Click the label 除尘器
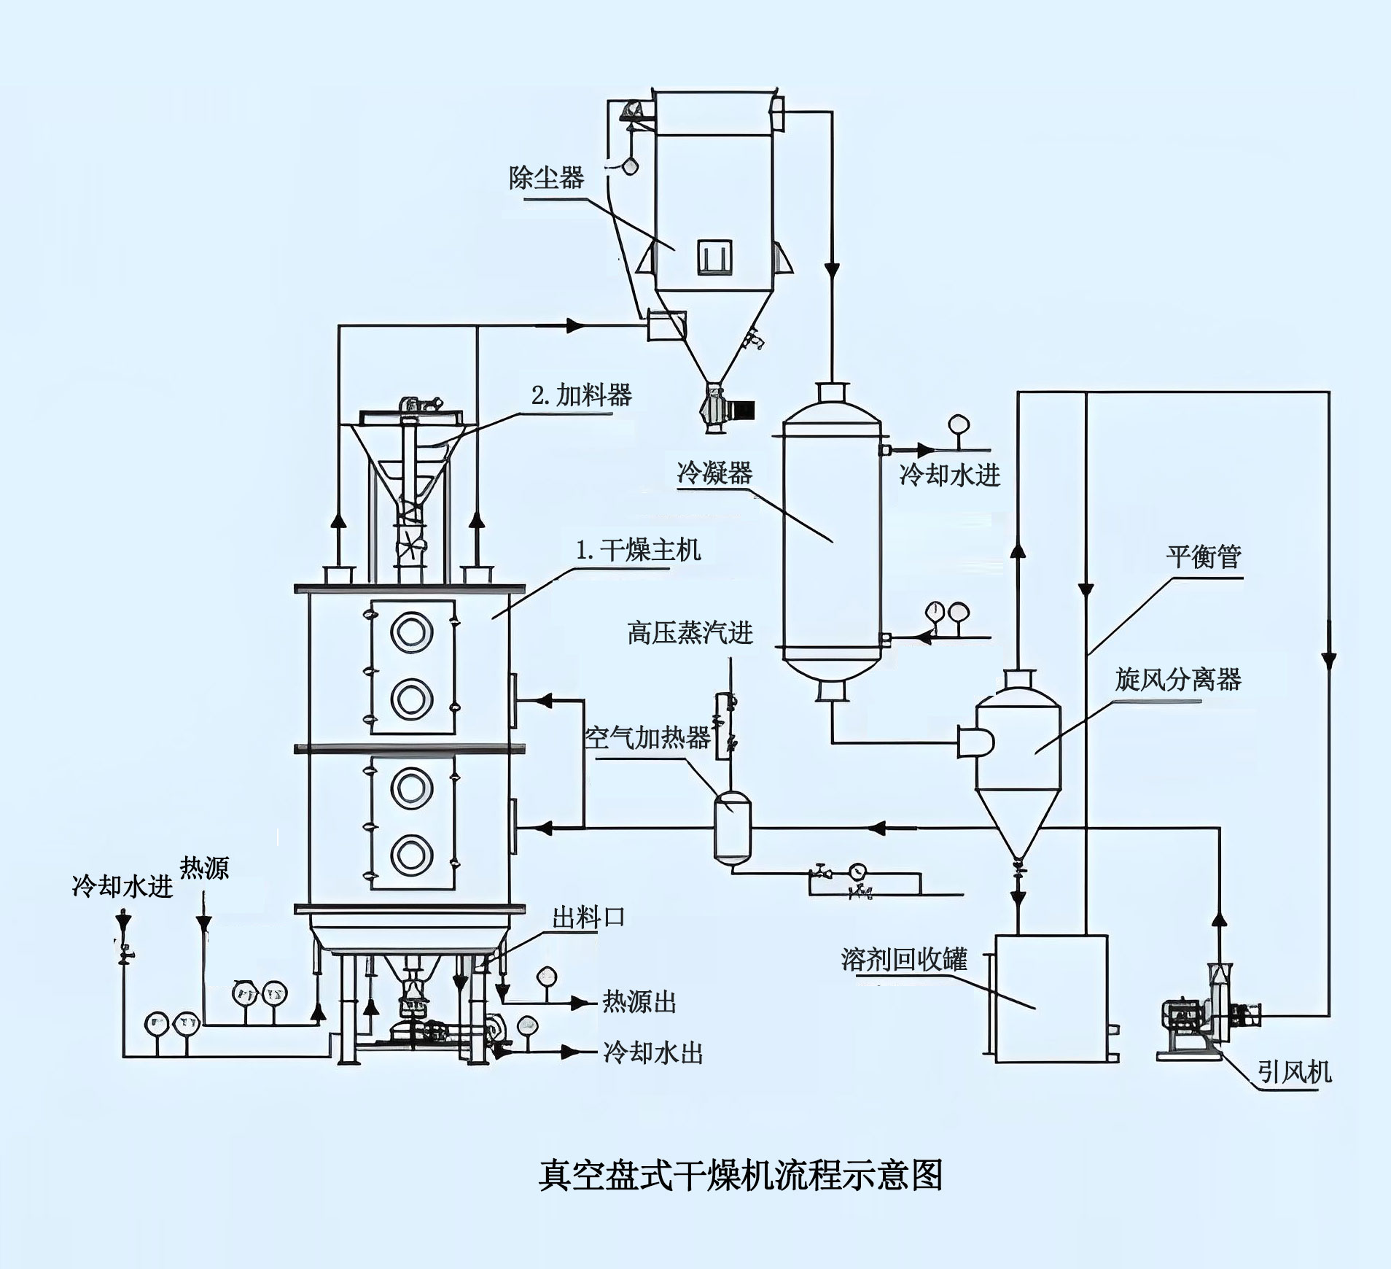tap(546, 177)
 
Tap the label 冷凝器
tap(714, 473)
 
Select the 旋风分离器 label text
tap(1177, 679)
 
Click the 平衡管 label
tap(1203, 556)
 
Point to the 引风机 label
tap(1294, 1071)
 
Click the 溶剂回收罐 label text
tap(904, 959)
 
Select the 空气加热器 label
tap(647, 738)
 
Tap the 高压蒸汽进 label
tap(690, 632)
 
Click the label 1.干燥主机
tap(639, 549)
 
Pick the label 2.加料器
tap(581, 395)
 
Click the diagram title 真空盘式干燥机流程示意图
tap(741, 1176)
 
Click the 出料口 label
tap(588, 917)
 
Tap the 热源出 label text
tap(639, 1002)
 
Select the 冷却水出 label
tap(652, 1053)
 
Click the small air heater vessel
tap(732, 827)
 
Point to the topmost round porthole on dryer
tap(411, 632)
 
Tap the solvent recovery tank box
tap(1051, 998)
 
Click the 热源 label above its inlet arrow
tap(204, 868)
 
